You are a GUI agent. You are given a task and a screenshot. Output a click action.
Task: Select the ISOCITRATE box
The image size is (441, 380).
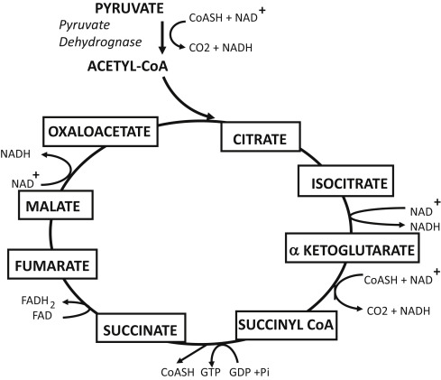pyautogui.click(x=345, y=183)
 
